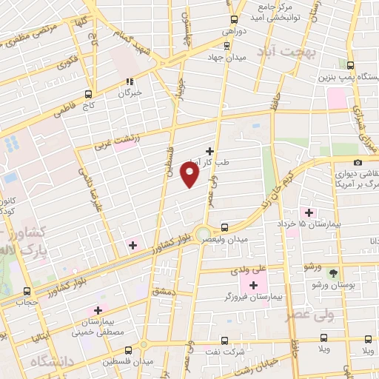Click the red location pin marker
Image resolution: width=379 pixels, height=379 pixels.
190,175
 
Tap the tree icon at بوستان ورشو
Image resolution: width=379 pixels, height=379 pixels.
333,272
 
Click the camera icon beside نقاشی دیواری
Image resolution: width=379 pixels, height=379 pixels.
358,162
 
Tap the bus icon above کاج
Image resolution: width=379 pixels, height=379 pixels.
88,94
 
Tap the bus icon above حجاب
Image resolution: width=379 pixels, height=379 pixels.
27,291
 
